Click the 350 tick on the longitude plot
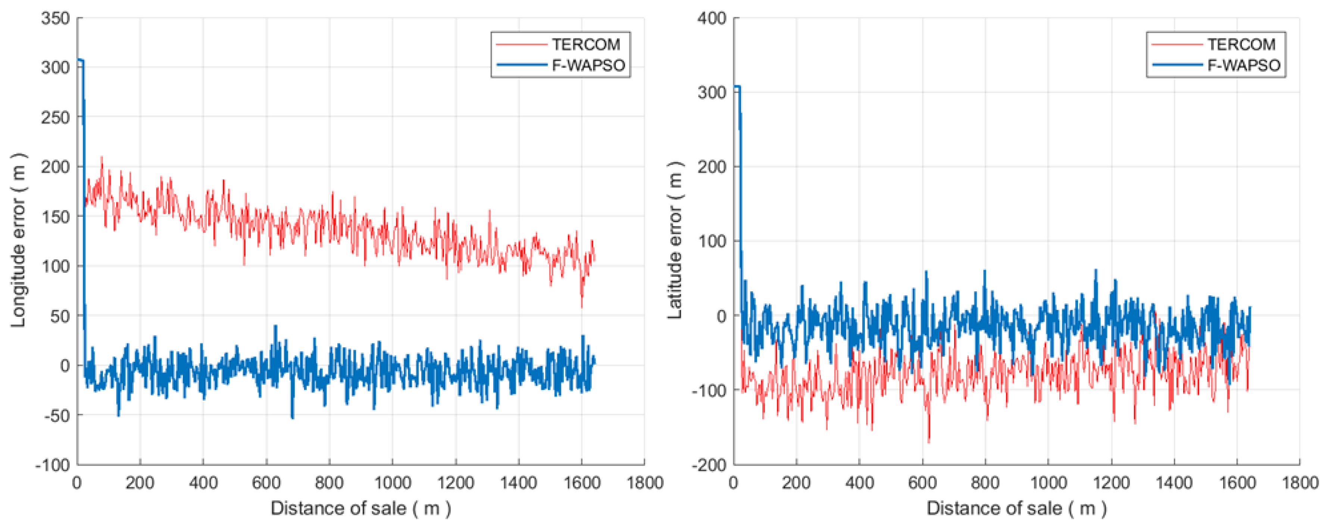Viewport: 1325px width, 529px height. tap(56, 19)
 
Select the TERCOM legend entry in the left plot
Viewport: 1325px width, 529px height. tap(586, 45)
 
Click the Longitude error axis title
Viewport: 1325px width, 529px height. tap(19, 240)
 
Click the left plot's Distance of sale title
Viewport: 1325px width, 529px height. tap(360, 508)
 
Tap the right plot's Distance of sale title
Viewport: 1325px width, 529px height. tap(1016, 508)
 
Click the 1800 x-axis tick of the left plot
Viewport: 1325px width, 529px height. tap(644, 483)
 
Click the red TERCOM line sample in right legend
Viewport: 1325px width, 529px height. tap(1176, 45)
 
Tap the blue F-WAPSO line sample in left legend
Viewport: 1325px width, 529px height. tap(521, 65)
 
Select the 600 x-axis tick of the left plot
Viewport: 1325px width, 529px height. tap(266, 483)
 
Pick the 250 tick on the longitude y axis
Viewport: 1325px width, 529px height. tap(56, 118)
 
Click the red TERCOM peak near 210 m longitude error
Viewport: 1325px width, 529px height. tap(101, 157)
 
